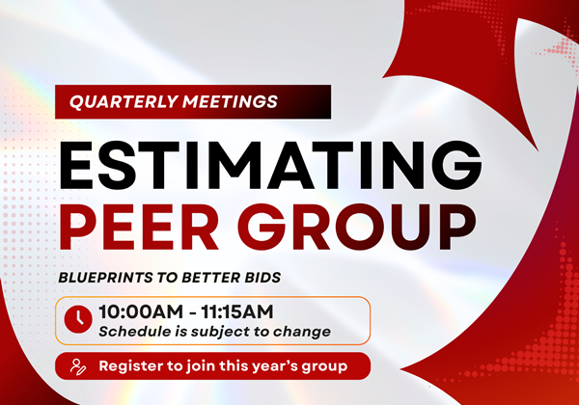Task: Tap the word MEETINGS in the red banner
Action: click(x=230, y=102)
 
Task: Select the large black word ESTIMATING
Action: click(x=270, y=166)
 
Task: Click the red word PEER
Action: click(x=139, y=227)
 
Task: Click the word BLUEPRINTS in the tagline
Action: click(x=105, y=278)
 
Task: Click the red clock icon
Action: click(x=78, y=319)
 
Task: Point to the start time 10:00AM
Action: click(x=141, y=312)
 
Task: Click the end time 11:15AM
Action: click(x=237, y=312)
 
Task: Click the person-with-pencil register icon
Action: click(x=78, y=366)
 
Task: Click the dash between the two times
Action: click(x=192, y=313)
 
